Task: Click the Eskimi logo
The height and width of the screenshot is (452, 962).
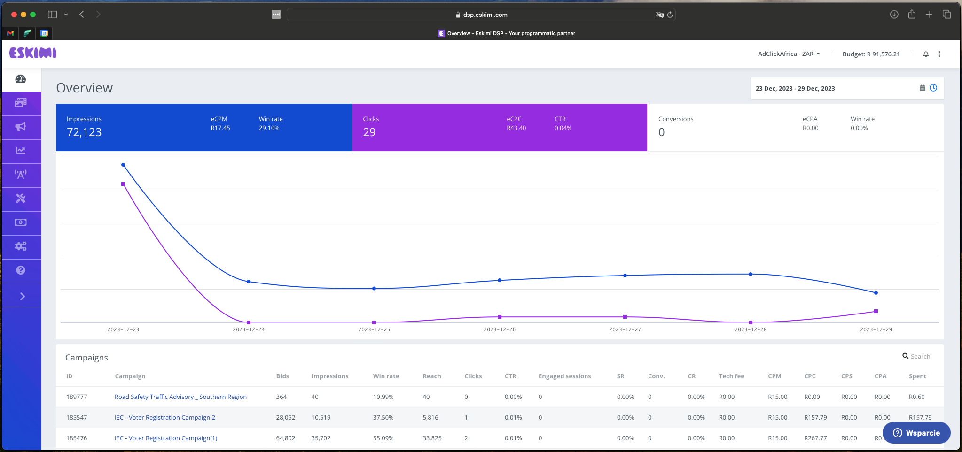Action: (x=33, y=53)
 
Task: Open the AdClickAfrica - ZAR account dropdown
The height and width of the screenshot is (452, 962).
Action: (x=789, y=54)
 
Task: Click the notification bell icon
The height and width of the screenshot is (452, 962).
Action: (x=925, y=54)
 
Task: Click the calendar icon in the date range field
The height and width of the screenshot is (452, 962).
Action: (x=922, y=88)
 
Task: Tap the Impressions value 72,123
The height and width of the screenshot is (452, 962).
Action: (x=84, y=132)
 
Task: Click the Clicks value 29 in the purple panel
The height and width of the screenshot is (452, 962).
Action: (x=369, y=132)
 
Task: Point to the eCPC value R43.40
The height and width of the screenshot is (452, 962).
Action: (x=516, y=128)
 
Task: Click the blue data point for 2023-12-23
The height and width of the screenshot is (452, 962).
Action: (x=123, y=165)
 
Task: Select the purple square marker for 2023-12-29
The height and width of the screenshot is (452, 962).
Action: (x=876, y=311)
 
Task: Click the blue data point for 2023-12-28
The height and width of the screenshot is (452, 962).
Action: (x=750, y=274)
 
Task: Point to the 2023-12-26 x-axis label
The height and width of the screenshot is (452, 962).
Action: (x=499, y=329)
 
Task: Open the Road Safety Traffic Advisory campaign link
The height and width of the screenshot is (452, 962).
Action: (x=180, y=397)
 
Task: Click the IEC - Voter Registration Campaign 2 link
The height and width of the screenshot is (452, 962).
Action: (x=164, y=418)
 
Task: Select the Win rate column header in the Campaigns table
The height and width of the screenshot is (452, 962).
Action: (x=386, y=376)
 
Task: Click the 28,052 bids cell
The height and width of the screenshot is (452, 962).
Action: (x=285, y=418)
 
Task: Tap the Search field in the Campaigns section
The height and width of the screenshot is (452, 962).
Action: (x=920, y=357)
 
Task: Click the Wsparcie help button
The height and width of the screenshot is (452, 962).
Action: (x=916, y=433)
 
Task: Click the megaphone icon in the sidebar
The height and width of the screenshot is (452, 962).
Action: (x=21, y=127)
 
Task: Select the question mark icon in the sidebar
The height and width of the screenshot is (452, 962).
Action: (x=21, y=270)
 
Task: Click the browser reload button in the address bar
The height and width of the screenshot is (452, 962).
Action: (x=670, y=15)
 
